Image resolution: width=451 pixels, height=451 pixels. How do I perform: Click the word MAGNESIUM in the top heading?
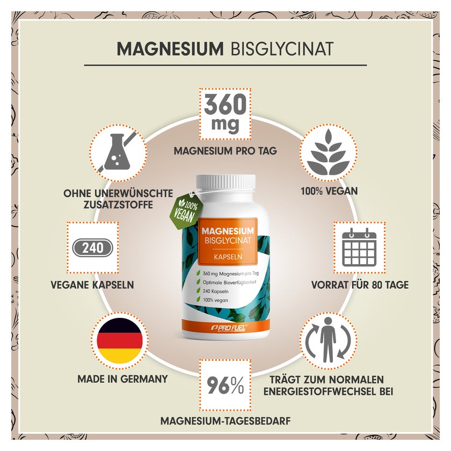tap(170, 49)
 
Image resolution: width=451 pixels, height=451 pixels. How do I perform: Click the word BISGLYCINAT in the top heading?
tap(282, 49)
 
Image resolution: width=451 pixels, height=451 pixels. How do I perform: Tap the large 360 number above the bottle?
tap(225, 105)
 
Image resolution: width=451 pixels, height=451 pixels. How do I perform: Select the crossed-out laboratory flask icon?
tap(118, 152)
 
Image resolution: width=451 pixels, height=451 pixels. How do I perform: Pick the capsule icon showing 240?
tap(92, 248)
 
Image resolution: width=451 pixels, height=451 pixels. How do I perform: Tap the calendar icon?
tap(359, 247)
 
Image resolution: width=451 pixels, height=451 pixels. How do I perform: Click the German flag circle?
tap(120, 340)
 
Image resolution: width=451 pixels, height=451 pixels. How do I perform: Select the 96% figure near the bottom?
tap(225, 385)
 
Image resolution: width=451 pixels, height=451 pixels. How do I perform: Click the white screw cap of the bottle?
tap(226, 184)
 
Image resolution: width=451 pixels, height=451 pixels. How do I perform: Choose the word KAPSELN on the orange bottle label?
tap(228, 257)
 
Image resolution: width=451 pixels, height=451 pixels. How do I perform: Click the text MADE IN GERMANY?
tap(122, 379)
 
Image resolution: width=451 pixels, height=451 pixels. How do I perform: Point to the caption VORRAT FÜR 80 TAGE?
tap(360, 285)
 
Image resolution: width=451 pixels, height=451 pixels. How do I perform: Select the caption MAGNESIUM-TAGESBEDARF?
tap(225, 421)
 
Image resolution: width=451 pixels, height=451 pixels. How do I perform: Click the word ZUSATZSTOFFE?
tap(118, 205)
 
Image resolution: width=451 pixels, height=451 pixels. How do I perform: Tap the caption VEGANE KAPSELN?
tap(92, 285)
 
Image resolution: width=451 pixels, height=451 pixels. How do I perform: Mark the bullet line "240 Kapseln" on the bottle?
tap(215, 292)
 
